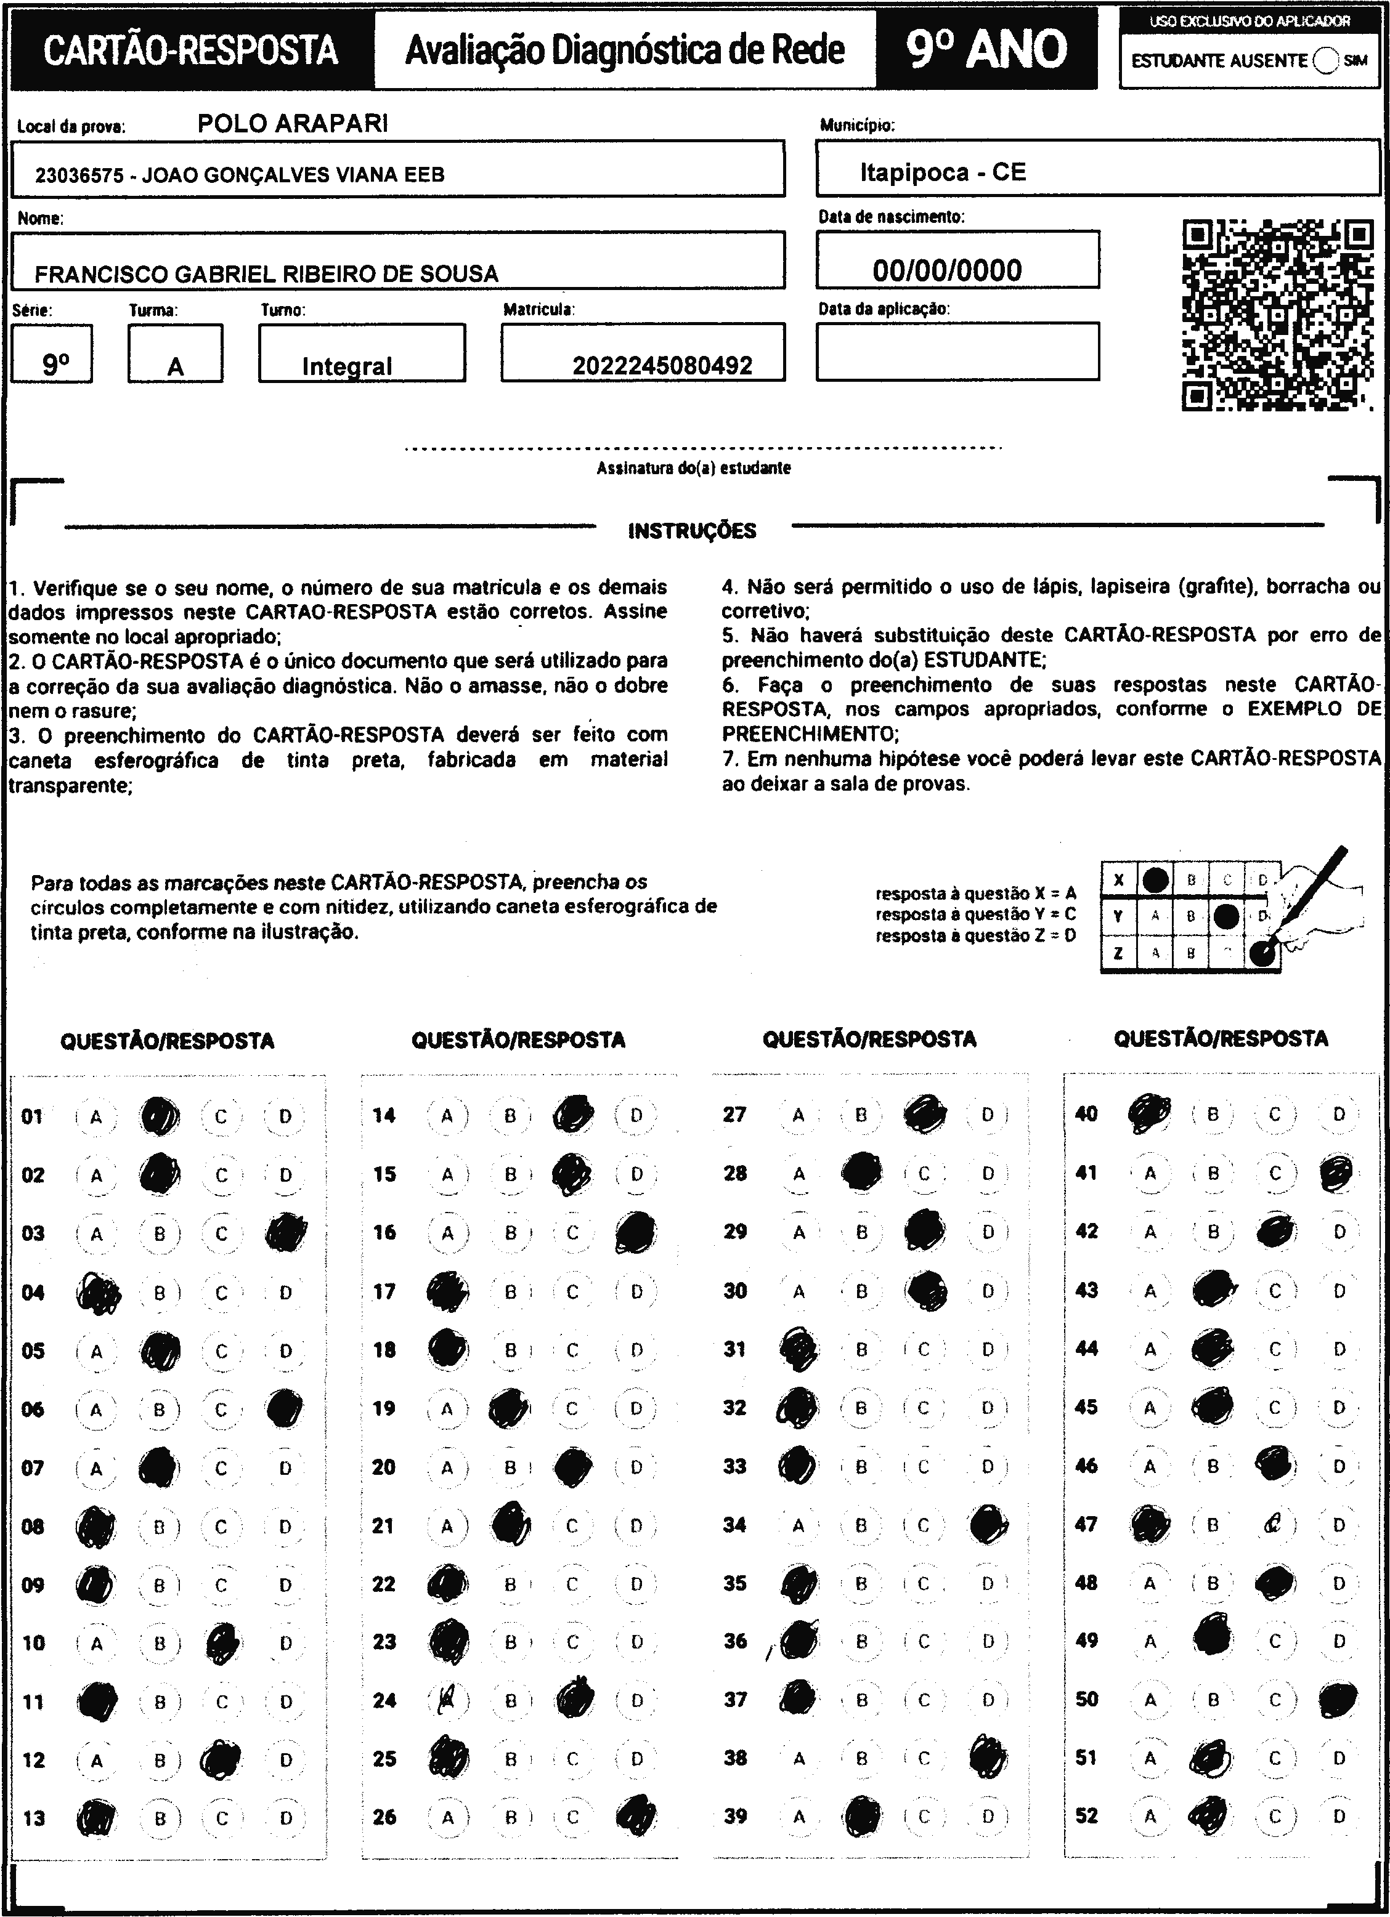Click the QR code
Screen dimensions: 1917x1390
tap(1277, 315)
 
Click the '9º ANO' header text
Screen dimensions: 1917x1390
tap(986, 49)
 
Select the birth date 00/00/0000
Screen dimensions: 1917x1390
tap(947, 270)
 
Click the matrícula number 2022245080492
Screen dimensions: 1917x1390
tap(662, 365)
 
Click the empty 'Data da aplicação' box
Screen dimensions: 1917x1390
tap(957, 351)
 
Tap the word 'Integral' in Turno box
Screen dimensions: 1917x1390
tap(347, 366)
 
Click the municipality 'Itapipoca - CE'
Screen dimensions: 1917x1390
tap(943, 172)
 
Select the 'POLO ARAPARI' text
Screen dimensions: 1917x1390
tap(293, 124)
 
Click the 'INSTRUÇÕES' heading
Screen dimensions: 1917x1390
tap(693, 531)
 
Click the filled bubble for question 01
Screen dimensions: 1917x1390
tap(159, 1116)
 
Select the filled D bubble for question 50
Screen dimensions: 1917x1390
tap(1338, 1699)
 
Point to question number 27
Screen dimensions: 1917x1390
tap(734, 1114)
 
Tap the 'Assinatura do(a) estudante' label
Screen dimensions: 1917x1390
tap(693, 468)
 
